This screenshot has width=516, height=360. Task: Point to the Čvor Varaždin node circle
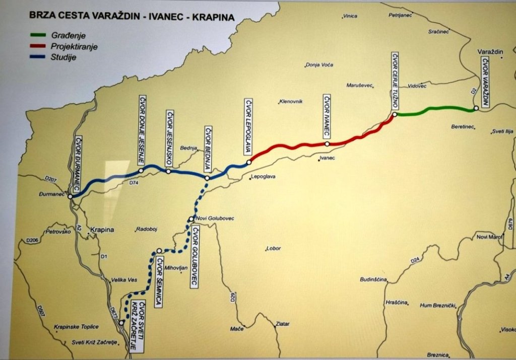coord(476,108)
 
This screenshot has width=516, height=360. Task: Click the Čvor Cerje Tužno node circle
coord(395,114)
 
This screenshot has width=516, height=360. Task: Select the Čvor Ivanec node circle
coord(327,144)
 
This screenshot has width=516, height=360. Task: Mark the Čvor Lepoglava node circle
coord(249,162)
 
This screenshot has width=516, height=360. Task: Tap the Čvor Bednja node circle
coord(207,178)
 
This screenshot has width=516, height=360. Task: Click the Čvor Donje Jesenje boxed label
coord(142,129)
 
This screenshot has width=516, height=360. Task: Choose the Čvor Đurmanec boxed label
coord(79,164)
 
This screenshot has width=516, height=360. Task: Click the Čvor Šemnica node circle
coord(159,250)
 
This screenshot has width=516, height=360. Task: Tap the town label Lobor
coord(275,248)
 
